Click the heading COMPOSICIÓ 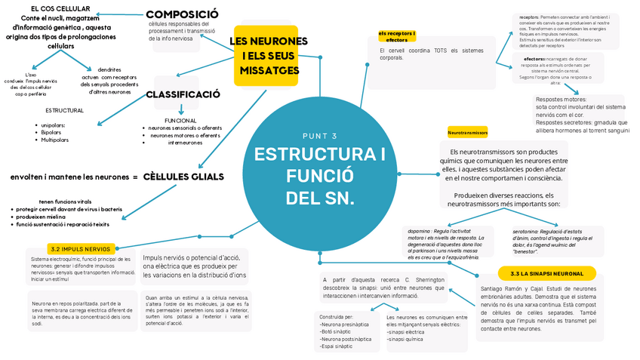tap(182, 14)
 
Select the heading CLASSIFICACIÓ tap(183, 94)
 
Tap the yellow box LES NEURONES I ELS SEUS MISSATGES tap(269, 55)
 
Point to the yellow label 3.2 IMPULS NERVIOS tap(81, 248)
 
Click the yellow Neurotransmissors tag tap(467, 132)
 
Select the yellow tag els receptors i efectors tap(396, 36)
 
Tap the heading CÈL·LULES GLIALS tap(183, 177)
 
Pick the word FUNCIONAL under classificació tap(180, 120)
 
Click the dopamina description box tap(445, 244)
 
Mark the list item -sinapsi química tap(405, 340)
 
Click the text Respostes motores tap(561, 99)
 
